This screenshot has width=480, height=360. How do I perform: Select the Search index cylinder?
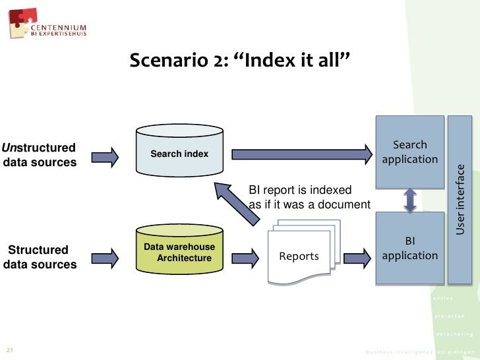[179, 154]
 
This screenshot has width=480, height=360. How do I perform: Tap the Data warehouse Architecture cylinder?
[179, 253]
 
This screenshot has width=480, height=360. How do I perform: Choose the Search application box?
[409, 152]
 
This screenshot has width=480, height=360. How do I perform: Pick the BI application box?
[409, 249]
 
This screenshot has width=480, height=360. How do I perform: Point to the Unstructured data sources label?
[39, 154]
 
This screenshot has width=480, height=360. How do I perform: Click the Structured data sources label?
[39, 257]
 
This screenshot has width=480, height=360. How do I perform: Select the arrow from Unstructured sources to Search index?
[105, 156]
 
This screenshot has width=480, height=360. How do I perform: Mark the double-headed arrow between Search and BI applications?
[410, 200]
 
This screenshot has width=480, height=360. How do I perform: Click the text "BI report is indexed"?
[300, 190]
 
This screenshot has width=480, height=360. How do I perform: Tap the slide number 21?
[10, 349]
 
